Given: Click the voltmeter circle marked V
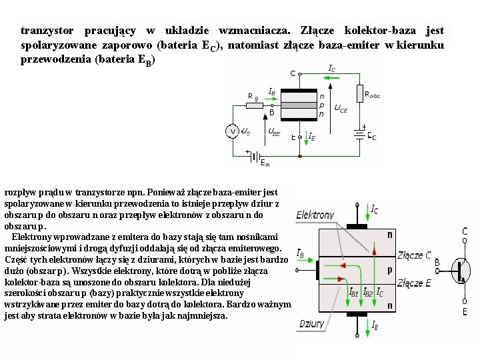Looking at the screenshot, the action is point(233,131).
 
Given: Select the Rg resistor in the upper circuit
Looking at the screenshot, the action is point(254,105).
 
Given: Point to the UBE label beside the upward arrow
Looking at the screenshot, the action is point(274,131).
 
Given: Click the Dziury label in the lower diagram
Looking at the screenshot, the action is point(312,324).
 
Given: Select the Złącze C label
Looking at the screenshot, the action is point(433,255).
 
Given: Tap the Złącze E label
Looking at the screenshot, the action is point(433,283).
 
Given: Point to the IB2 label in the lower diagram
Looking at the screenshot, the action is point(367,292).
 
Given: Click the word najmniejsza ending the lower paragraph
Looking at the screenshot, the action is point(200,315).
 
